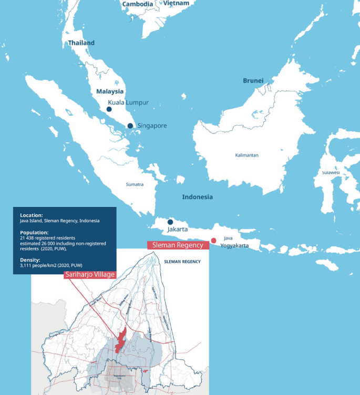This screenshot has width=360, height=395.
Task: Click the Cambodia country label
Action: (x=138, y=4)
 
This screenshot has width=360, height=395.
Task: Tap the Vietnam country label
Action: (x=176, y=3)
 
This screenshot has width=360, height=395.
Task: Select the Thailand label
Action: (x=81, y=43)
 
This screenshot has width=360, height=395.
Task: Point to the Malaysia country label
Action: (x=109, y=91)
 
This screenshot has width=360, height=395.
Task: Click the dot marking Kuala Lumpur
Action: (x=109, y=109)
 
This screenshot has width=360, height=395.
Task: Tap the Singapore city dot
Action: (x=130, y=126)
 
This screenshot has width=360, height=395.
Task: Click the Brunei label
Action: (x=253, y=81)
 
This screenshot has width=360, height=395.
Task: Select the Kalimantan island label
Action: (x=246, y=155)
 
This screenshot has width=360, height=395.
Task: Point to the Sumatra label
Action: (x=135, y=184)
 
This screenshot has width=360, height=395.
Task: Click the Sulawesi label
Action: (x=331, y=172)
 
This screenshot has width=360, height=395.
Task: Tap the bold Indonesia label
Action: (x=198, y=197)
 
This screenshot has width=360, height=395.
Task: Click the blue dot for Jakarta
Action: (x=170, y=222)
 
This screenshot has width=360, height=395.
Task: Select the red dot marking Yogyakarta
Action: (x=213, y=241)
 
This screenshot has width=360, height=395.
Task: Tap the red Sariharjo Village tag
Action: (x=89, y=274)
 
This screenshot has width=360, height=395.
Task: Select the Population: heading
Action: (x=34, y=232)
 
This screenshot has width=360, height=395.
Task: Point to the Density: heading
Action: (x=30, y=259)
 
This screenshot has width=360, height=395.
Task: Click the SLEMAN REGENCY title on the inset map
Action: (x=182, y=261)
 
